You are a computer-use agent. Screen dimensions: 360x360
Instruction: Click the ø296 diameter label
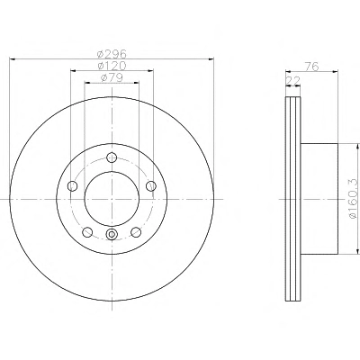point(112,54)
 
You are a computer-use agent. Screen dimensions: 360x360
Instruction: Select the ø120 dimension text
point(112,66)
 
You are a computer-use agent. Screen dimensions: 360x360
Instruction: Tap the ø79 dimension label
point(112,77)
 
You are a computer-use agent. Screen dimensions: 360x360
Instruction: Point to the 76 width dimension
point(311,67)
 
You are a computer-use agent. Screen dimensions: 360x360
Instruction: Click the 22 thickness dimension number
point(293,81)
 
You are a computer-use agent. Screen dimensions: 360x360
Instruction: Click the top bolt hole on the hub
point(112,157)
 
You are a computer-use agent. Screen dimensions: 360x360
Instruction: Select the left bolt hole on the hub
point(73,186)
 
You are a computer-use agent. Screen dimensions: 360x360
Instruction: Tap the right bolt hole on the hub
point(151,186)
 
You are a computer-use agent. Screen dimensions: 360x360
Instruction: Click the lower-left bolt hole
point(87,232)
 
